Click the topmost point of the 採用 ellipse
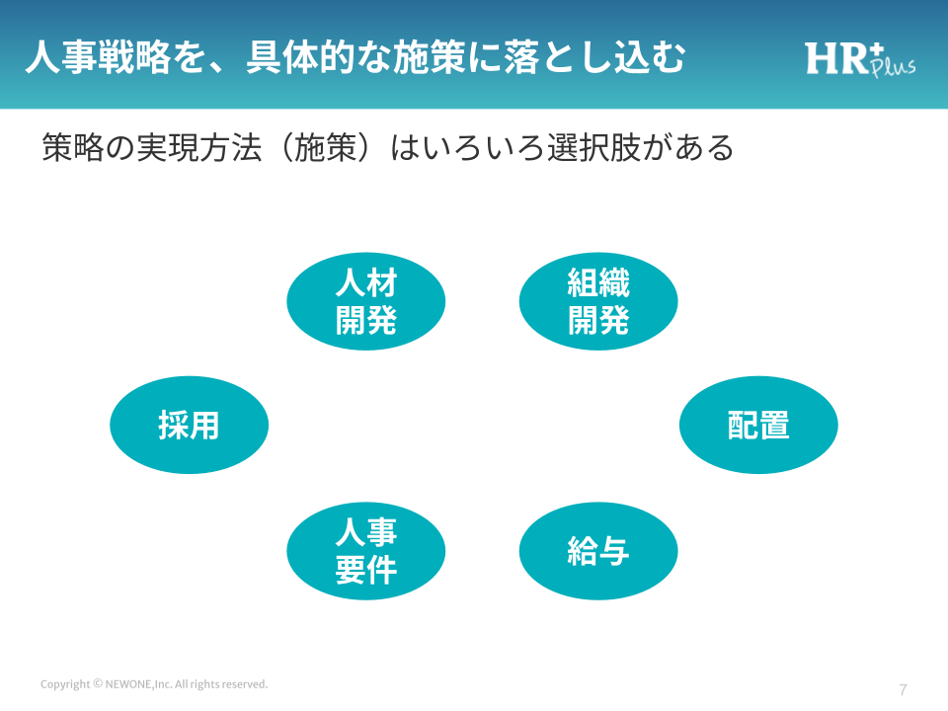(189, 376)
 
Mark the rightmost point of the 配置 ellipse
(838, 425)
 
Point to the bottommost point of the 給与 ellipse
(598, 599)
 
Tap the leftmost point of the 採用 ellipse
(110, 425)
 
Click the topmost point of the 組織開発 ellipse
(598, 252)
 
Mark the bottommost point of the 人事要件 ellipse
(365, 599)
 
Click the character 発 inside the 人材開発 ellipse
(381, 320)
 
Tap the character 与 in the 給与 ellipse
(613, 551)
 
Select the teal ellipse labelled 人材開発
(365, 301)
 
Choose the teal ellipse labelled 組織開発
(598, 301)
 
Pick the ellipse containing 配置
(758, 425)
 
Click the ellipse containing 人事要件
(365, 551)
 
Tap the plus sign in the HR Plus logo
(876, 49)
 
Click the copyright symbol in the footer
(98, 683)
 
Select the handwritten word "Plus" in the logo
(894, 66)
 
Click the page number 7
(904, 690)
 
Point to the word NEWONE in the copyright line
(128, 684)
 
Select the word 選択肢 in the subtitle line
(594, 148)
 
